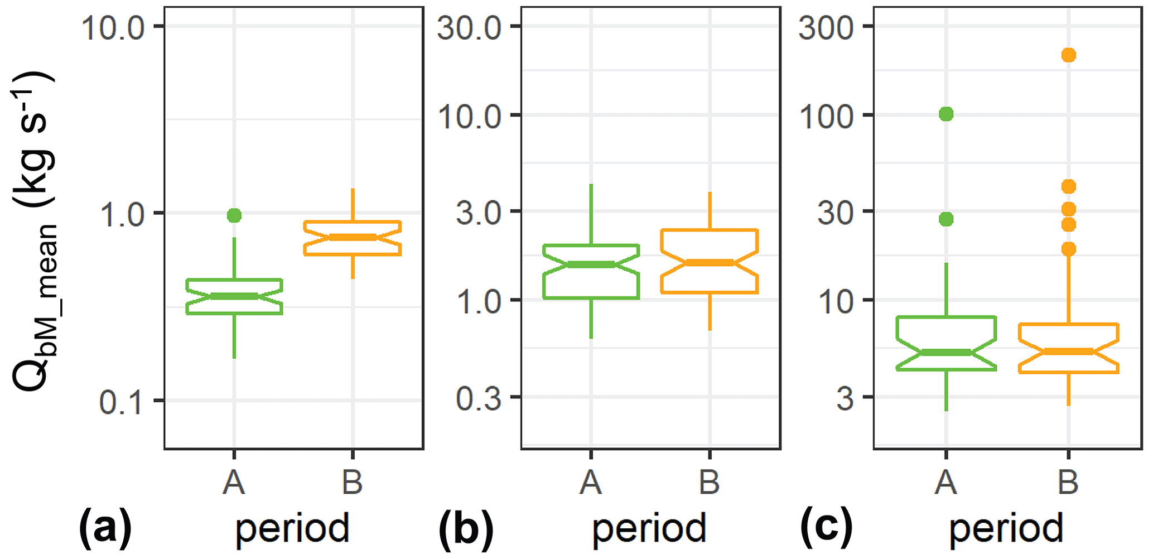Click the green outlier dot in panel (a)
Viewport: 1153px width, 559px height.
tap(234, 215)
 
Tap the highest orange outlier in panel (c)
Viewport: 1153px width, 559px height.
tap(1068, 55)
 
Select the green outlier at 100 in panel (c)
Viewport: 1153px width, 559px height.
tap(946, 114)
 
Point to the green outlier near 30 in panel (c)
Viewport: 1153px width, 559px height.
tap(946, 219)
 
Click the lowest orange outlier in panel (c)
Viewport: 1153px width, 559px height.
tap(1068, 249)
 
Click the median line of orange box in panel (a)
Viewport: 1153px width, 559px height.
tap(353, 237)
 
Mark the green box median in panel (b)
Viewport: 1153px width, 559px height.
tap(591, 264)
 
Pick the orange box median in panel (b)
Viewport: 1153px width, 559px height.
tap(710, 262)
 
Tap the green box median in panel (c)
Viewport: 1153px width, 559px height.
tap(946, 352)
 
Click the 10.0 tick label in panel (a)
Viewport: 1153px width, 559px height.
tap(115, 28)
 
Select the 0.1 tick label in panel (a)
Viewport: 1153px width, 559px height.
tap(120, 402)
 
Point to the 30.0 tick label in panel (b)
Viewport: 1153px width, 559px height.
tap(470, 28)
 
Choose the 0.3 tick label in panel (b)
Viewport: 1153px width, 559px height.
tap(478, 398)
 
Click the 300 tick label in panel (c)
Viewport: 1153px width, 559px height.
tap(827, 28)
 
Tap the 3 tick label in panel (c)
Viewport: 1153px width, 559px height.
tap(845, 398)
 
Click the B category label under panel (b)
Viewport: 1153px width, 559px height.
tap(710, 482)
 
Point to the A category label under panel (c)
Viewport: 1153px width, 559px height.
tap(946, 482)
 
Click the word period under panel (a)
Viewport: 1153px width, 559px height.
tap(292, 529)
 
